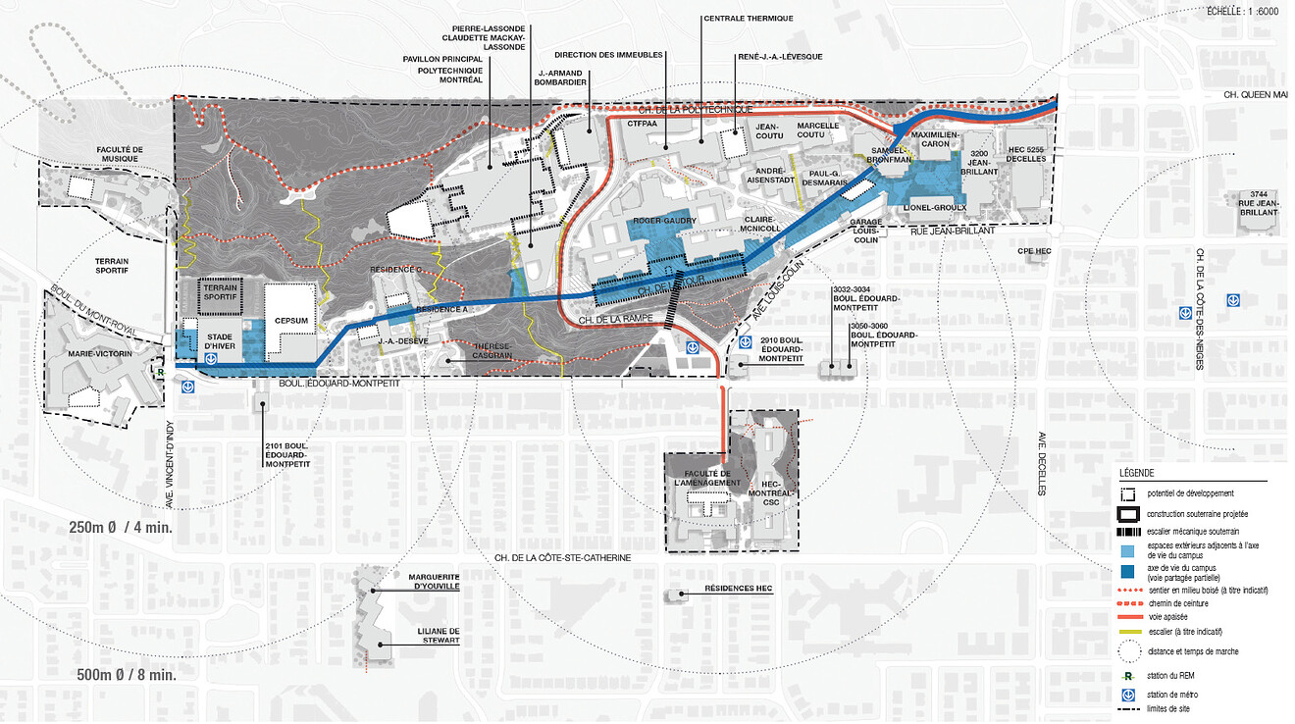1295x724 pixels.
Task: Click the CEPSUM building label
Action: click(x=291, y=319)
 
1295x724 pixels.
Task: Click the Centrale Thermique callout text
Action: click(x=748, y=19)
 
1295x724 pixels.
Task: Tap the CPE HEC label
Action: click(x=1034, y=252)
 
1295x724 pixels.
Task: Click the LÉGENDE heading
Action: click(x=1136, y=473)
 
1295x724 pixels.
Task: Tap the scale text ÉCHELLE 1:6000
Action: click(x=1243, y=11)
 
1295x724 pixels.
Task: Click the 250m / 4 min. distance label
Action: click(x=122, y=528)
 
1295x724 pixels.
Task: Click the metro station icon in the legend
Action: click(x=1127, y=696)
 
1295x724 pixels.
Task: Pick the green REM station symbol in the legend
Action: click(x=1128, y=676)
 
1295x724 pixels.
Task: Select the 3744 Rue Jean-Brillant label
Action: click(x=1259, y=202)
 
